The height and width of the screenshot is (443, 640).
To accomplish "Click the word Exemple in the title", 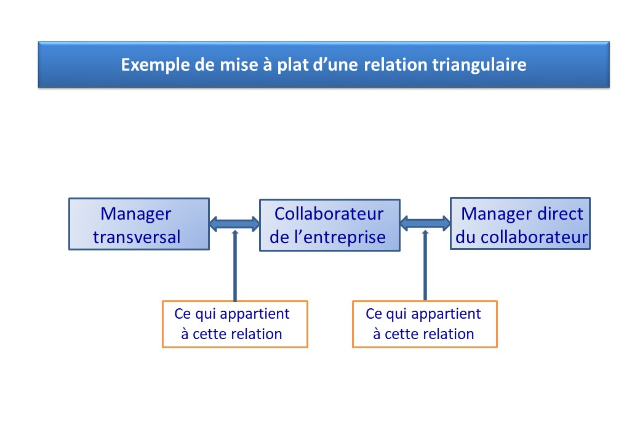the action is [x=156, y=65].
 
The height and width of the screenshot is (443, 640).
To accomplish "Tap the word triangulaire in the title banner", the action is [x=479, y=65].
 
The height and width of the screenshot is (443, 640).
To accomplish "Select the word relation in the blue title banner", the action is [x=395, y=65].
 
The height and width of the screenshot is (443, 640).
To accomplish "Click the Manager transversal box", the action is [x=139, y=224].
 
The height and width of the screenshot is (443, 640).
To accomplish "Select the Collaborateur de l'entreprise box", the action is [x=330, y=225].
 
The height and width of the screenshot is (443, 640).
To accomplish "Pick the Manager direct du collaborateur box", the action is [x=521, y=223].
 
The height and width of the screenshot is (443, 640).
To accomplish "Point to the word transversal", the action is [x=137, y=237].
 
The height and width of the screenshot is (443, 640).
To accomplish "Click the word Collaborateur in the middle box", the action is [x=329, y=214].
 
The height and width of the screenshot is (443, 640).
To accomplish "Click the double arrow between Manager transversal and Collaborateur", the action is [x=234, y=223].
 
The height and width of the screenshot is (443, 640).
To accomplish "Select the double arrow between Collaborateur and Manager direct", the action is [x=425, y=223].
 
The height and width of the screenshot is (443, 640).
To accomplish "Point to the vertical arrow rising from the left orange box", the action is [x=234, y=266].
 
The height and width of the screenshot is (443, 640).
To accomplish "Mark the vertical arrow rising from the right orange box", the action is [x=425, y=266].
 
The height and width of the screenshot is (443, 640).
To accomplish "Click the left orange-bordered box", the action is [x=235, y=324].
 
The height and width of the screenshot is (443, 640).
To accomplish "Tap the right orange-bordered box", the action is [x=425, y=324].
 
